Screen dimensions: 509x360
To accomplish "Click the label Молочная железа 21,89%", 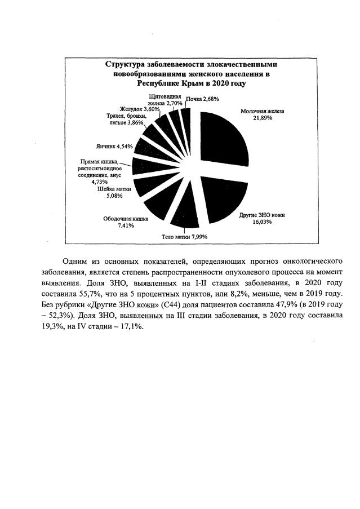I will pos(263,115).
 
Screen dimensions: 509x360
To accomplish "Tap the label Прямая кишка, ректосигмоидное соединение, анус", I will pos(103,171).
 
